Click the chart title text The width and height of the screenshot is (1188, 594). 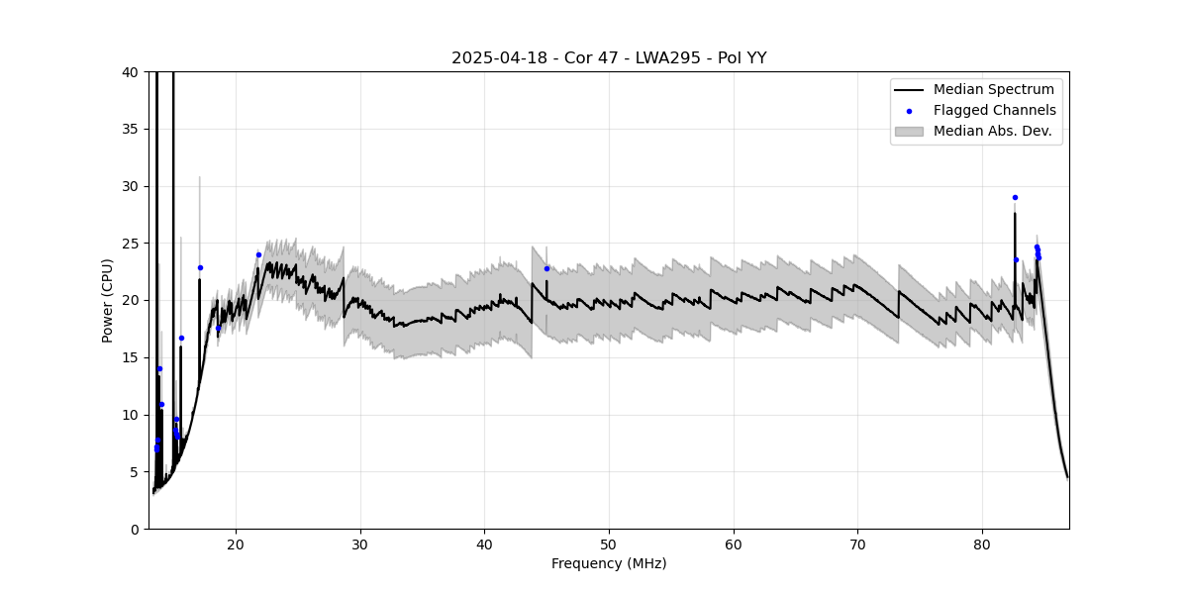click(x=609, y=58)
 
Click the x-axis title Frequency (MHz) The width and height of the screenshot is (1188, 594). click(x=609, y=563)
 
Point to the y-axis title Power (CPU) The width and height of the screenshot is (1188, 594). click(x=108, y=300)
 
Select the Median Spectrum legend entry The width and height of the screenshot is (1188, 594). click(x=994, y=90)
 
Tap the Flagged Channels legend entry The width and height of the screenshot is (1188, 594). click(x=994, y=110)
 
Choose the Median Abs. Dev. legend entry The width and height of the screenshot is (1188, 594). click(x=992, y=131)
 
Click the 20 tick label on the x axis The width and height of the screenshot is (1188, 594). click(x=236, y=544)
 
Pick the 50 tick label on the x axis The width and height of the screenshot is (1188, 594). click(x=609, y=544)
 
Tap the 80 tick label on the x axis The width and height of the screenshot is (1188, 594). click(x=982, y=544)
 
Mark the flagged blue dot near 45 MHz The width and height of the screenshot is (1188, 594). click(x=546, y=268)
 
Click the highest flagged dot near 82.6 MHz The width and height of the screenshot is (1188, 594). click(x=1015, y=197)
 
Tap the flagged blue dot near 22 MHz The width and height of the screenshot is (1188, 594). click(x=258, y=254)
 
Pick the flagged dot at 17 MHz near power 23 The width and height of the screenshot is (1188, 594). click(x=200, y=267)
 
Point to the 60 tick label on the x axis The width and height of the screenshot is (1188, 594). click(x=734, y=544)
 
